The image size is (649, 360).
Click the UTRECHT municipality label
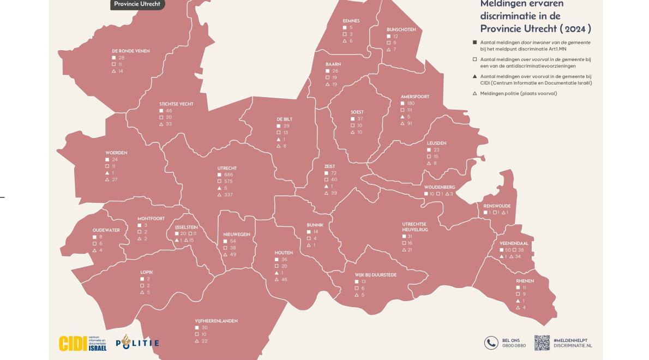tap(227, 168)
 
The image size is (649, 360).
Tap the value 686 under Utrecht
tap(229, 175)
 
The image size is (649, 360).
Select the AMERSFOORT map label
tap(414, 97)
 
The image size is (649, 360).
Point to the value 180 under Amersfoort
tap(411, 103)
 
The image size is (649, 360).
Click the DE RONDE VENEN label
tap(130, 51)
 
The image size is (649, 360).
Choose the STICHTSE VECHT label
tap(176, 104)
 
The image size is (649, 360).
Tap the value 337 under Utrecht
tap(229, 195)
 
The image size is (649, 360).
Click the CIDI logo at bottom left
tap(82, 343)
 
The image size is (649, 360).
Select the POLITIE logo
tap(137, 343)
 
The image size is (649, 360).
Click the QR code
tap(542, 343)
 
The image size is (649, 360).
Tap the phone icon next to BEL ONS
tap(491, 343)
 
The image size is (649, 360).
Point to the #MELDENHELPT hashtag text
tap(570, 340)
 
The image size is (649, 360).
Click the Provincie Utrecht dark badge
tap(137, 4)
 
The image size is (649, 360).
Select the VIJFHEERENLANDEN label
tap(216, 321)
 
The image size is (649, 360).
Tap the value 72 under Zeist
tap(334, 173)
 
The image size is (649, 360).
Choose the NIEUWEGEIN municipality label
tap(237, 234)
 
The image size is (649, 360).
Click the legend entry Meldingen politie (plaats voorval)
tap(518, 93)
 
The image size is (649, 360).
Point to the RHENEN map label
tap(525, 281)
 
